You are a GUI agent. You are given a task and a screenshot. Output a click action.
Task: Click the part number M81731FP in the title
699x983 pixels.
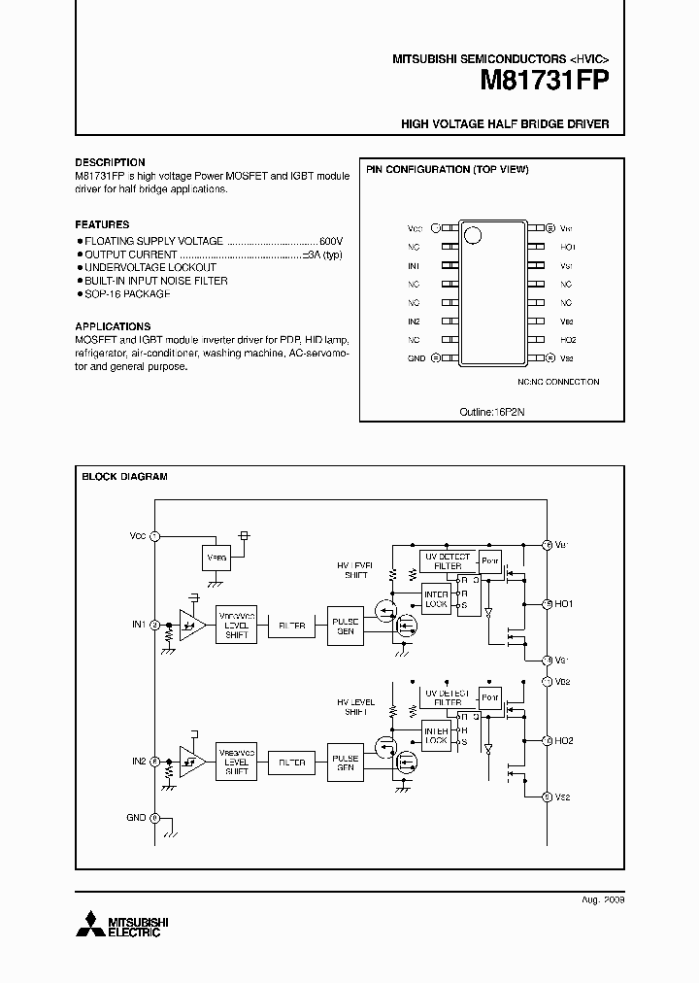(x=544, y=84)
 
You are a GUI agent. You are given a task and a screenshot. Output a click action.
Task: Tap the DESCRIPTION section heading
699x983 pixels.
(x=110, y=162)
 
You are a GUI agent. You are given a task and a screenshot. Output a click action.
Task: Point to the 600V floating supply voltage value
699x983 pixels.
(x=330, y=240)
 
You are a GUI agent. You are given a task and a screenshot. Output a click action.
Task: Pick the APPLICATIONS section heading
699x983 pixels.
(x=113, y=326)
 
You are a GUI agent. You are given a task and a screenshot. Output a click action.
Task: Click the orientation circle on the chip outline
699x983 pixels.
(x=473, y=234)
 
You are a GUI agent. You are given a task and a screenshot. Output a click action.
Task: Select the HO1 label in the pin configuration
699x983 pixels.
(x=568, y=247)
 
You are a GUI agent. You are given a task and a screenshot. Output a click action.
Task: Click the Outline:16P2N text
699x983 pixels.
(x=491, y=412)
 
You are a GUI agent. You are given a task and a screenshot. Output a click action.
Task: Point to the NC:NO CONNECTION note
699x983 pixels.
(x=558, y=382)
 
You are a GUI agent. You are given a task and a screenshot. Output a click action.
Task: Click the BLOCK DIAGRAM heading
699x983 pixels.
(x=124, y=477)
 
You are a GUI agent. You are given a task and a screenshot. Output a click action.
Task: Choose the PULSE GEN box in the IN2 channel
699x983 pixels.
(x=345, y=763)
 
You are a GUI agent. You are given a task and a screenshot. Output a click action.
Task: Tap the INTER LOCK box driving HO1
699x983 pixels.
(x=437, y=598)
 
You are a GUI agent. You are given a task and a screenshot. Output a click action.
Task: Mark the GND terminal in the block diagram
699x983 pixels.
(x=154, y=818)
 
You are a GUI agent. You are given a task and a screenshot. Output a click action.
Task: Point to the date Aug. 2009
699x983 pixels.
(x=603, y=900)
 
